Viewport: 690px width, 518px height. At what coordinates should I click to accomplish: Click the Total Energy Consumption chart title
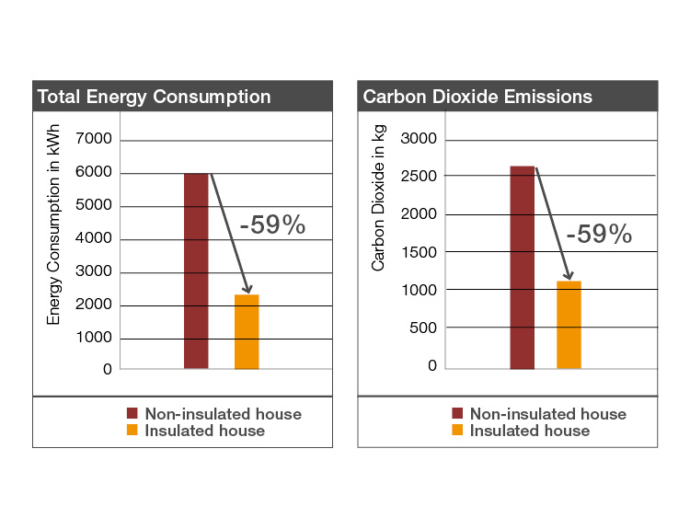[153, 97]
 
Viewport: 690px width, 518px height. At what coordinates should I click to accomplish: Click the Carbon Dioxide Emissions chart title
[477, 97]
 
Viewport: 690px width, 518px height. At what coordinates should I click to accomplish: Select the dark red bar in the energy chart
[196, 271]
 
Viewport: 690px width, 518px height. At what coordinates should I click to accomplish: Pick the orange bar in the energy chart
[247, 331]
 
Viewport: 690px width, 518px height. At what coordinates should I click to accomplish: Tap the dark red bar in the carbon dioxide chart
[522, 267]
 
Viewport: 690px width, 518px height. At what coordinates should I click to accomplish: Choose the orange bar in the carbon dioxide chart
[569, 324]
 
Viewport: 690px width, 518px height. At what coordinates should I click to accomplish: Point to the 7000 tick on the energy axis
[91, 140]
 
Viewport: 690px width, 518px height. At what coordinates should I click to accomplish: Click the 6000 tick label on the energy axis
[91, 173]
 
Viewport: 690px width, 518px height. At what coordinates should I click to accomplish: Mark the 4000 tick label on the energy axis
[91, 239]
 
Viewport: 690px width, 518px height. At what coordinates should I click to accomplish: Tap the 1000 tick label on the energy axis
[91, 338]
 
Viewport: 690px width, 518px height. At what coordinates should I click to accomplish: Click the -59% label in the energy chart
[271, 225]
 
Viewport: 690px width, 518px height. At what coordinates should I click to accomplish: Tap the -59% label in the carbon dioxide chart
[599, 235]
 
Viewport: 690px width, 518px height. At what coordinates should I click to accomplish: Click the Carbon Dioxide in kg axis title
[378, 200]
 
